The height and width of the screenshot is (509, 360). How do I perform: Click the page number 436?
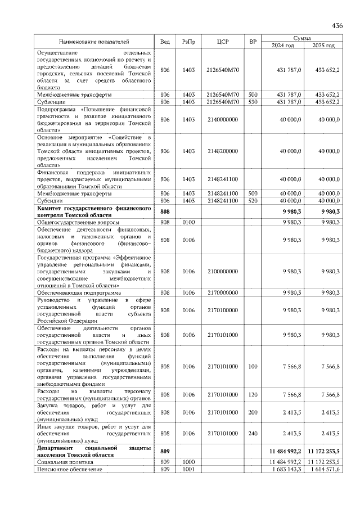tap(337, 26)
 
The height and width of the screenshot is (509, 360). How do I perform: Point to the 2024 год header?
tap(282, 46)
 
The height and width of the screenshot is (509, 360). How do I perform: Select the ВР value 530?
tap(253, 102)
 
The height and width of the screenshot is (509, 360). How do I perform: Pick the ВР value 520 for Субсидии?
tap(253, 201)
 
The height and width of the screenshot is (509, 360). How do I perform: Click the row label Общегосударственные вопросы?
tap(78, 222)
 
